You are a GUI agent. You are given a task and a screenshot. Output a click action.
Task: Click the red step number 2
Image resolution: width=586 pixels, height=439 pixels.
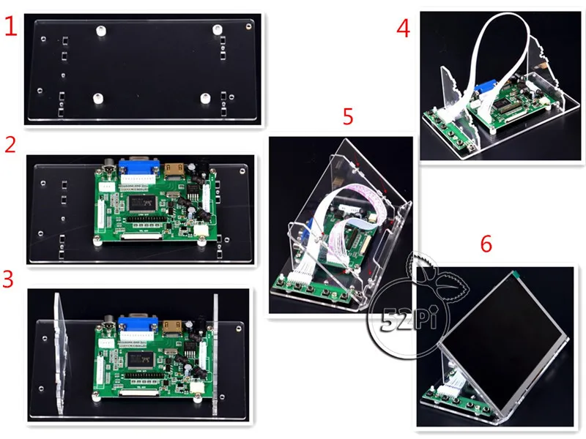tap(10, 143)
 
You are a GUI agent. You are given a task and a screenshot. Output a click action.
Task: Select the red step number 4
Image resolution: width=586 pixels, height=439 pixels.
tap(402, 29)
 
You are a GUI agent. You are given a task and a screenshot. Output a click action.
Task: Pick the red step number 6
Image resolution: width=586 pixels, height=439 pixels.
tap(486, 244)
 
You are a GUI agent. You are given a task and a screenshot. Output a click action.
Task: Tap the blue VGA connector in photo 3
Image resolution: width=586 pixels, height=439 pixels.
tap(136, 323)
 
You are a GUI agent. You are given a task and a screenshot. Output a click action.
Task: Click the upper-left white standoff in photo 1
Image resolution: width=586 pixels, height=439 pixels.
tap(101, 31)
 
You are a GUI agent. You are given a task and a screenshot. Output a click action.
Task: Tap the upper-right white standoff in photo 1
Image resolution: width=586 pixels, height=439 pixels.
tap(217, 29)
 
